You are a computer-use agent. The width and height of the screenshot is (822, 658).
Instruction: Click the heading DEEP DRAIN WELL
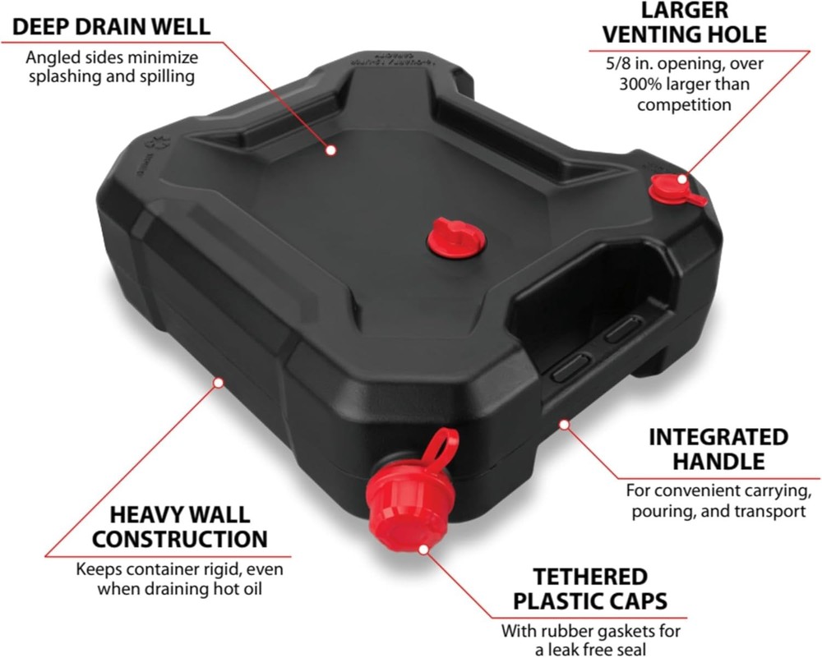(111, 26)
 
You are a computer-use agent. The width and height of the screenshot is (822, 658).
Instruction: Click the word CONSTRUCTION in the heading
(179, 539)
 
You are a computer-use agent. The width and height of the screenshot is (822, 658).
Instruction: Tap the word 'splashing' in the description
(67, 77)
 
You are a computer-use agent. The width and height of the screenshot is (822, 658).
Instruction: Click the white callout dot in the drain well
(330, 150)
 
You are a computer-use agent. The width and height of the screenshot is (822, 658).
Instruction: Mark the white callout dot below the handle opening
(563, 424)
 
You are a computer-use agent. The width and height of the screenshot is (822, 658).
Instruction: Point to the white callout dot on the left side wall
(218, 381)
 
